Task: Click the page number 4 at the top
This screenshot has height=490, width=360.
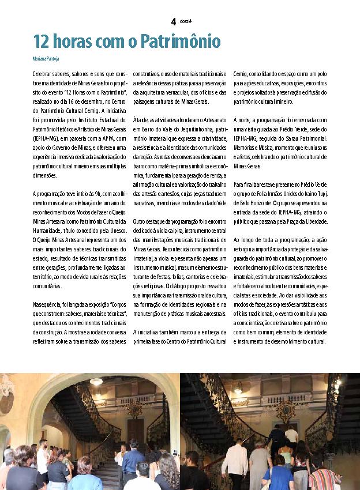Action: coord(173,22)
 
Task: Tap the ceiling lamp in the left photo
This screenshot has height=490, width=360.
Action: coord(96,382)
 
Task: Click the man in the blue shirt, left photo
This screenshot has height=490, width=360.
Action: coord(133,458)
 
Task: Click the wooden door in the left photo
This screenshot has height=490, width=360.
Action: coord(136,430)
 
